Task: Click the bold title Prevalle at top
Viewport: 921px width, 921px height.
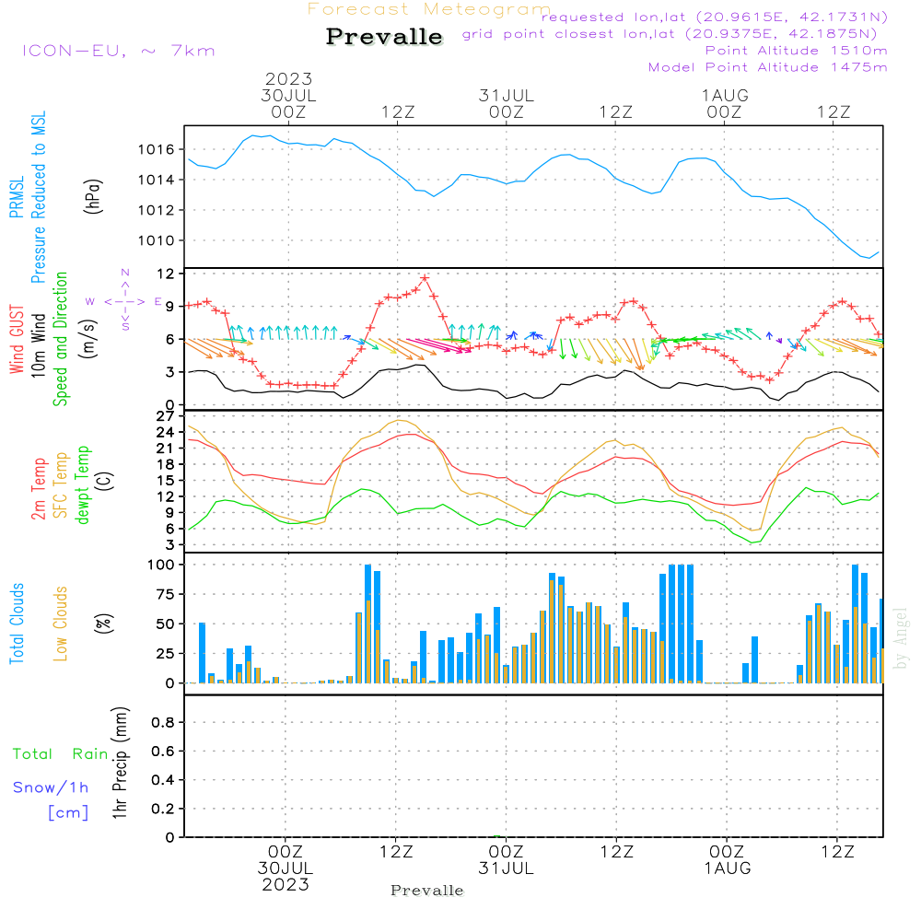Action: pyautogui.click(x=384, y=37)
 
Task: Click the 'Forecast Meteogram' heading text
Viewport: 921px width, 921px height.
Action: pyautogui.click(x=429, y=9)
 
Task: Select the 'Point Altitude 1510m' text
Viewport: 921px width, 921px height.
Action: pyautogui.click(x=796, y=50)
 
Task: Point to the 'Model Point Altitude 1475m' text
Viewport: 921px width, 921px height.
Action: pyautogui.click(x=767, y=66)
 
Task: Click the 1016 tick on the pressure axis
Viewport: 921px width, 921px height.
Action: pyautogui.click(x=157, y=149)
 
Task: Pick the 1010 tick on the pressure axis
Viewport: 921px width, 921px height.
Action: pyautogui.click(x=157, y=240)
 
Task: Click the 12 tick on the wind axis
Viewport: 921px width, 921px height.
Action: pyautogui.click(x=166, y=274)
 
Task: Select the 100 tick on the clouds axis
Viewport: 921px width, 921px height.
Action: pyautogui.click(x=161, y=564)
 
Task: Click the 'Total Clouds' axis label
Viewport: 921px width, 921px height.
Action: pyautogui.click(x=17, y=624)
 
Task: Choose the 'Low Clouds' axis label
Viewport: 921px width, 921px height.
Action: pyautogui.click(x=61, y=624)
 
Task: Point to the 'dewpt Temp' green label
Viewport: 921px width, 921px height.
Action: pyautogui.click(x=83, y=485)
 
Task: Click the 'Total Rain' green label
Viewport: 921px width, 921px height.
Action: pyautogui.click(x=60, y=754)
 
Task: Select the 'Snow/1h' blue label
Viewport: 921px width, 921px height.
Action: pyautogui.click(x=51, y=787)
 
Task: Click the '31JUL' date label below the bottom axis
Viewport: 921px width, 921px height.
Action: pyautogui.click(x=506, y=868)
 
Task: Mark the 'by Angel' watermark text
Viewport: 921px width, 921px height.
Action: pyautogui.click(x=902, y=637)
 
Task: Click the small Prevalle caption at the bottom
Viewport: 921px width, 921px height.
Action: pyautogui.click(x=426, y=891)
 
